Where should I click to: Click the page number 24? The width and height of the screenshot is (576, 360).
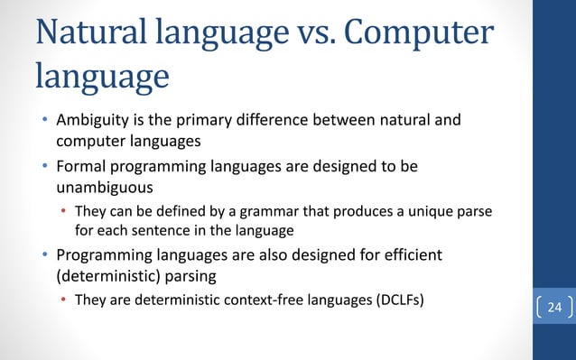click(x=553, y=309)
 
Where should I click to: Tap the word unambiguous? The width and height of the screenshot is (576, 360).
click(x=96, y=188)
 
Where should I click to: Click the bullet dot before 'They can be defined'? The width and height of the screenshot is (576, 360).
click(x=62, y=213)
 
